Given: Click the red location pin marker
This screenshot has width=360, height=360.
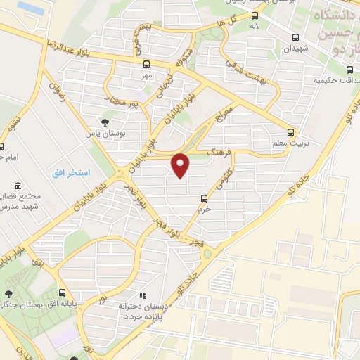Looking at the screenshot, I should (x=182, y=165).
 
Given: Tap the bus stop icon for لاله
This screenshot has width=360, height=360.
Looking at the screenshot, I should (x=255, y=15).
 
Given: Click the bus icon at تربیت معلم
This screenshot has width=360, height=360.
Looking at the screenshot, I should (x=291, y=131).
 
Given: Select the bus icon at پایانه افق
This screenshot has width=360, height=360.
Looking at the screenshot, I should (x=63, y=293).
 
